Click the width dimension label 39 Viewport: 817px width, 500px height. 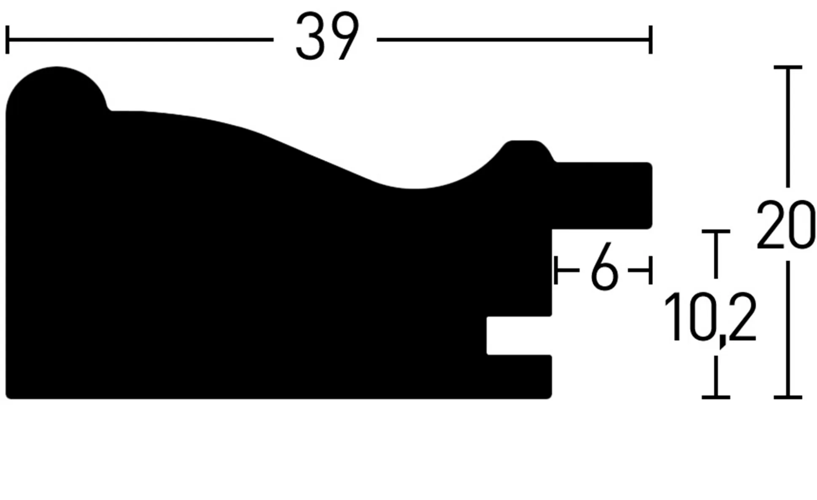(327, 36)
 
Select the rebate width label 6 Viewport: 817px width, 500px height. (604, 266)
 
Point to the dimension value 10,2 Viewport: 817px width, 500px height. (710, 318)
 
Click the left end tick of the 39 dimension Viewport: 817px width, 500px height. (7, 40)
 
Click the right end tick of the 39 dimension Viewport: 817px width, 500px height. (651, 40)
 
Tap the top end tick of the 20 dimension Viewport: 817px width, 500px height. (788, 67)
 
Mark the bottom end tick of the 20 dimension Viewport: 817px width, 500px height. (788, 397)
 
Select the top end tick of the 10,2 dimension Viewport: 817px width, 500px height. (716, 231)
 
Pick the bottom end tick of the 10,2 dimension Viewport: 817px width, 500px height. (716, 397)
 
